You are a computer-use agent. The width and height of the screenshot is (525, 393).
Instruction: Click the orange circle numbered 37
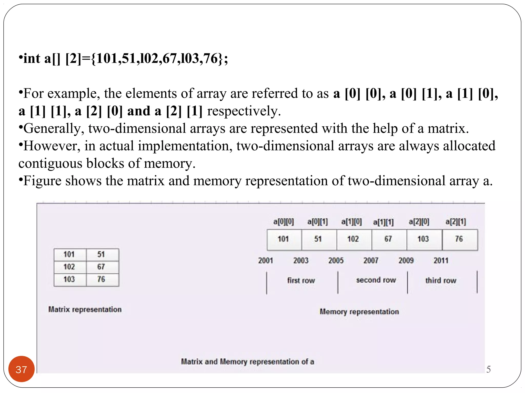pyautogui.click(x=21, y=369)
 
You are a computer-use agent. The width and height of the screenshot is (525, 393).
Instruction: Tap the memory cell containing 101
pyautogui.click(x=284, y=239)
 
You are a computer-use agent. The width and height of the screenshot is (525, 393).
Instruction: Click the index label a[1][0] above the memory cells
pyautogui.click(x=351, y=222)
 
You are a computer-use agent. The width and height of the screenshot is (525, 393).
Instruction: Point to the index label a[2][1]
pyautogui.click(x=456, y=222)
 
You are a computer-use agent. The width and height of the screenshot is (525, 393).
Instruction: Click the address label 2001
pyautogui.click(x=266, y=260)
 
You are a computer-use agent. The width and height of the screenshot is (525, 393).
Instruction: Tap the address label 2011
pyautogui.click(x=441, y=260)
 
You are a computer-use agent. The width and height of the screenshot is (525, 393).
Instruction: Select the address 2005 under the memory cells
pyautogui.click(x=336, y=260)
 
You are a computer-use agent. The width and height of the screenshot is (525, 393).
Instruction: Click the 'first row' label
pyautogui.click(x=301, y=280)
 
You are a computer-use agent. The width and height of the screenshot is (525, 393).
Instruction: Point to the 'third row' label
pyautogui.click(x=441, y=280)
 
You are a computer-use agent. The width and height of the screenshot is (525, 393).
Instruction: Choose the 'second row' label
pyautogui.click(x=376, y=280)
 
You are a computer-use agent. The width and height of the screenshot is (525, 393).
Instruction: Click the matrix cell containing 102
pyautogui.click(x=70, y=267)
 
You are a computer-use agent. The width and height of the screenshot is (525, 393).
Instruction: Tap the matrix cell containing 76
pyautogui.click(x=102, y=279)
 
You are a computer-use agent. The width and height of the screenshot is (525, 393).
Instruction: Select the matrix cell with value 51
pyautogui.click(x=102, y=254)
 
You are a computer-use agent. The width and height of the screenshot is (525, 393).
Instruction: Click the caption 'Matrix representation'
pyautogui.click(x=85, y=310)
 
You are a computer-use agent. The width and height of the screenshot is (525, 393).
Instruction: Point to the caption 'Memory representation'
pyautogui.click(x=359, y=312)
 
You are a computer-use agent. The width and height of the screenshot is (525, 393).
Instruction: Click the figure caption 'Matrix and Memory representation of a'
pyautogui.click(x=247, y=362)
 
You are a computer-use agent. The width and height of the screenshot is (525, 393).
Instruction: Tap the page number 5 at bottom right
pyautogui.click(x=488, y=369)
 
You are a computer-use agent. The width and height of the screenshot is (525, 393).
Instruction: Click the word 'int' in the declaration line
pyautogui.click(x=32, y=58)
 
